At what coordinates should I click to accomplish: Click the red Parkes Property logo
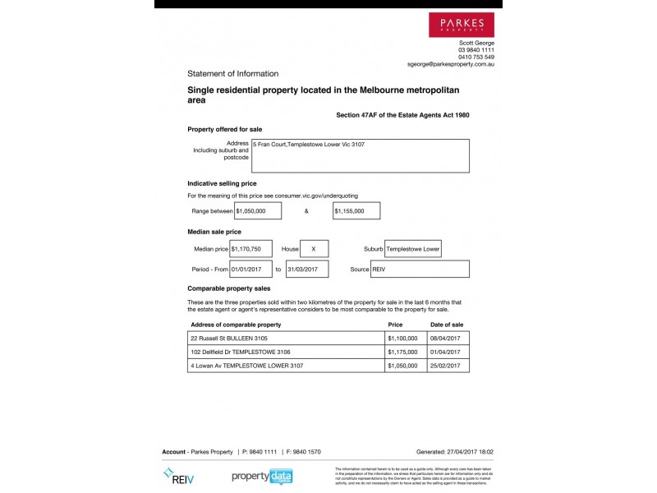[x=462, y=25]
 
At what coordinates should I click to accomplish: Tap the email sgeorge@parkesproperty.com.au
[x=450, y=64]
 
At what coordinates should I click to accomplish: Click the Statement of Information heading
[x=232, y=74]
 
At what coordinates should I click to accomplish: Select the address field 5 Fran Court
[x=361, y=155]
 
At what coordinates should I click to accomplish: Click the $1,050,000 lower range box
[x=258, y=211]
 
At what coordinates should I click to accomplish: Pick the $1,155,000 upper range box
[x=356, y=211]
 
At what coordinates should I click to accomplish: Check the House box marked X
[x=314, y=249]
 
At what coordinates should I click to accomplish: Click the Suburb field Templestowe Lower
[x=415, y=249]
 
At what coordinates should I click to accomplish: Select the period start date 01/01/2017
[x=250, y=270]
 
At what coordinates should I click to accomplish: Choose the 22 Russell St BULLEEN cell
[x=286, y=339]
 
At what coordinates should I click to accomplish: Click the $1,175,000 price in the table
[x=402, y=352]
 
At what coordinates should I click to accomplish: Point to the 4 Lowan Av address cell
[x=286, y=366]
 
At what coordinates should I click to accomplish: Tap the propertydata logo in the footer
[x=262, y=477]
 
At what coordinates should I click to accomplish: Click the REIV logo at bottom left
[x=179, y=477]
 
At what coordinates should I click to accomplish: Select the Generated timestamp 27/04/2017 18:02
[x=455, y=452]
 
